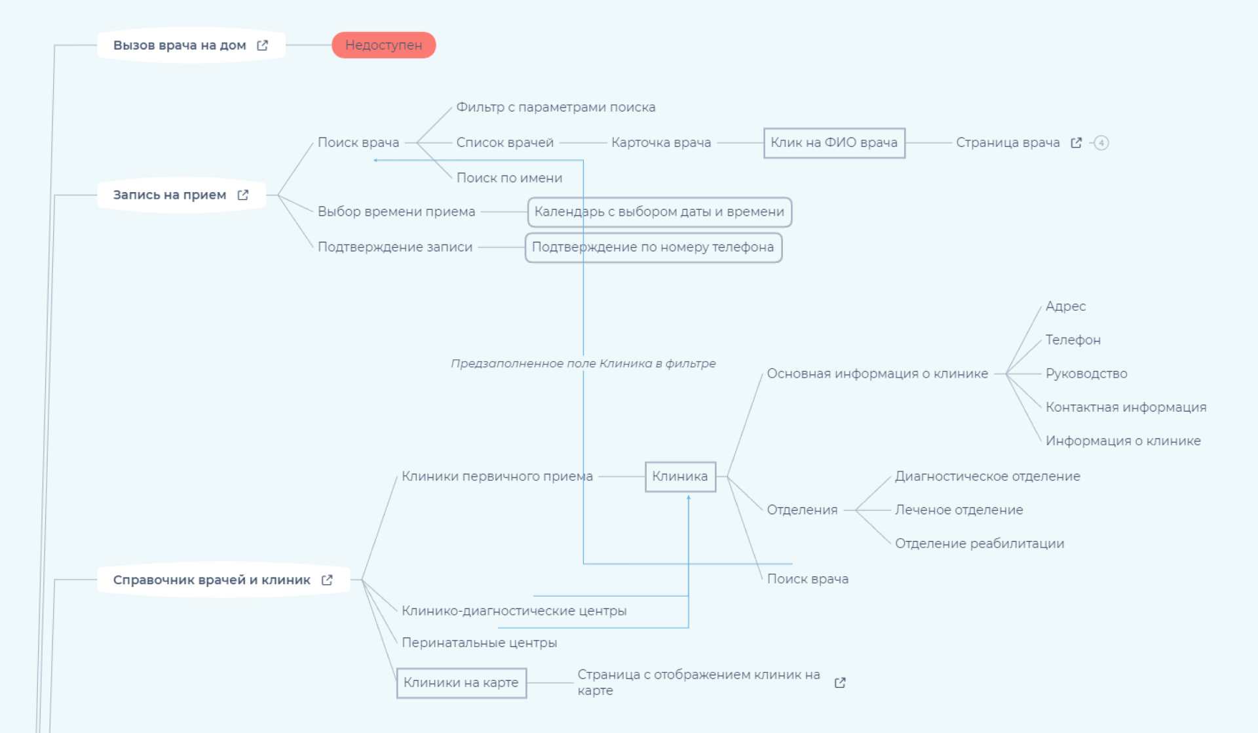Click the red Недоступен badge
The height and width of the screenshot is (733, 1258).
tap(383, 45)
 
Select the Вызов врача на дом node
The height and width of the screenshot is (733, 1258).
tap(180, 45)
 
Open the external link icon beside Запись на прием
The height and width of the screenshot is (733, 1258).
tap(243, 195)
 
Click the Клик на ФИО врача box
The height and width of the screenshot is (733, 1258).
tap(834, 143)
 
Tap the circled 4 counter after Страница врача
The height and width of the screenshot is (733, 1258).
tap(1101, 143)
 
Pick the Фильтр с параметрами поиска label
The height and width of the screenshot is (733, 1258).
tap(556, 107)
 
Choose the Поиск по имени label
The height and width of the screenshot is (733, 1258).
tap(509, 178)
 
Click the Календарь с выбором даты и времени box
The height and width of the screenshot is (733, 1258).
tap(659, 212)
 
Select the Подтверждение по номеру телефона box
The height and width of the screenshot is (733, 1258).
tap(653, 247)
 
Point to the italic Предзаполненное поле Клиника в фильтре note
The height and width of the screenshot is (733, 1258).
tap(583, 363)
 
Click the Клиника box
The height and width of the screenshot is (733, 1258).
tap(680, 477)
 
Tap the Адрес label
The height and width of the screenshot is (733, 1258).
tap(1065, 306)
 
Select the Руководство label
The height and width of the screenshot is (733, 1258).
tap(1086, 374)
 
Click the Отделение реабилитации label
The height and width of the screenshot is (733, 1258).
tap(980, 544)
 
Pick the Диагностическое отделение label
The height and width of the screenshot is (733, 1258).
tap(987, 476)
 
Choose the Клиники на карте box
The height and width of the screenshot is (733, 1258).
tap(461, 683)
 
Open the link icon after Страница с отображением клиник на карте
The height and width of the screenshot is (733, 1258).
tap(840, 683)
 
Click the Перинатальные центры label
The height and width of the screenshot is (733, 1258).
tap(479, 643)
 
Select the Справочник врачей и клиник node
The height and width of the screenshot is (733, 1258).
tap(212, 580)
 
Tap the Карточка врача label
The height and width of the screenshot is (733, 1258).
tap(661, 142)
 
